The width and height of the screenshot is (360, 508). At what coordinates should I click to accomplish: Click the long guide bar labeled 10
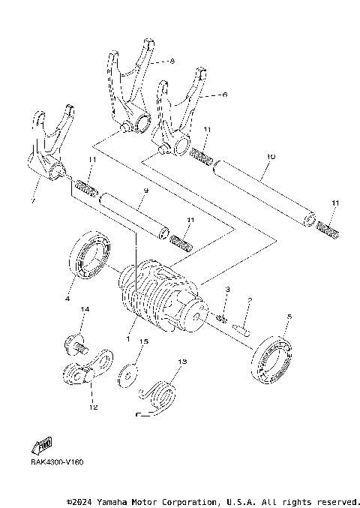262,192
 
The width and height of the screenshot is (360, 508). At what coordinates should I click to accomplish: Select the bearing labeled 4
89,257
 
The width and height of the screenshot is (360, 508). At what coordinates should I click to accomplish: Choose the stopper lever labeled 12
87,369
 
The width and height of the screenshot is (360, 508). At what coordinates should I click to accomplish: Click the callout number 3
227,288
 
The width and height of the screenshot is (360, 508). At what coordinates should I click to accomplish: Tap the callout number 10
271,158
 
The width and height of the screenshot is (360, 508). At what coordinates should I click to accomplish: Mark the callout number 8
172,61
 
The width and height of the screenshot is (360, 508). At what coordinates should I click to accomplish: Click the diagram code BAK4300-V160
58,462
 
